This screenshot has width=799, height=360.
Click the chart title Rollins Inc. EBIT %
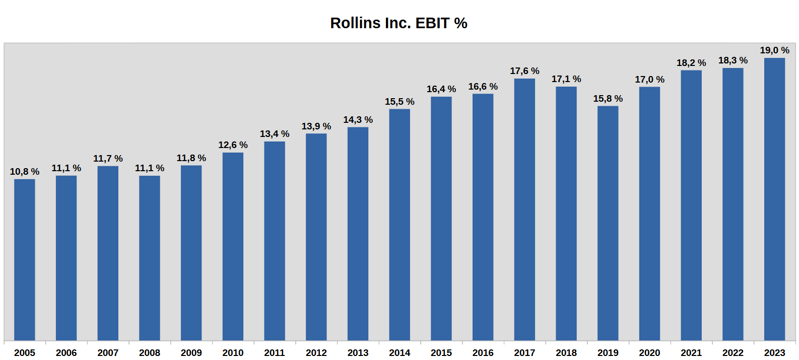coord(398,23)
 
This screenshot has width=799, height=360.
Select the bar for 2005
coord(25,259)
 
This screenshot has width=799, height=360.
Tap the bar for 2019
coord(608,223)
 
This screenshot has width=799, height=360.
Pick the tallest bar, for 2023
coord(774,199)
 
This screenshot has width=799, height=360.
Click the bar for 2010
coord(233,246)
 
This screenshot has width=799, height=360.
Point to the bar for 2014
coord(399,225)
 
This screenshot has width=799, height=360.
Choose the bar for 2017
coord(524,209)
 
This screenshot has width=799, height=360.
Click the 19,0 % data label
coord(774,50)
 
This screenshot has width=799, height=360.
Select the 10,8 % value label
coord(25,172)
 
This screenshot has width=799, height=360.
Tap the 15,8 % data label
coord(608,99)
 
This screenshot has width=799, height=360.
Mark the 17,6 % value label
coord(524,71)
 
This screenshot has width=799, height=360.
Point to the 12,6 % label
coord(233,145)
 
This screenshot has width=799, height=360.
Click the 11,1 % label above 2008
coord(150,168)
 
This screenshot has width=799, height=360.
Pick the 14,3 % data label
coord(358,120)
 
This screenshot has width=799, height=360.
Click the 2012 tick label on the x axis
coord(316,353)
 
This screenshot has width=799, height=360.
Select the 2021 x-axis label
coord(691,353)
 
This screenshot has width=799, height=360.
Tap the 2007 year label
coord(108,353)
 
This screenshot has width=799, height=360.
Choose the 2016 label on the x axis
coord(483,353)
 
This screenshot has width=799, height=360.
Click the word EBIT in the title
coord(432,23)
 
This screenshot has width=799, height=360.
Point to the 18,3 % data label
coord(733,60)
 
